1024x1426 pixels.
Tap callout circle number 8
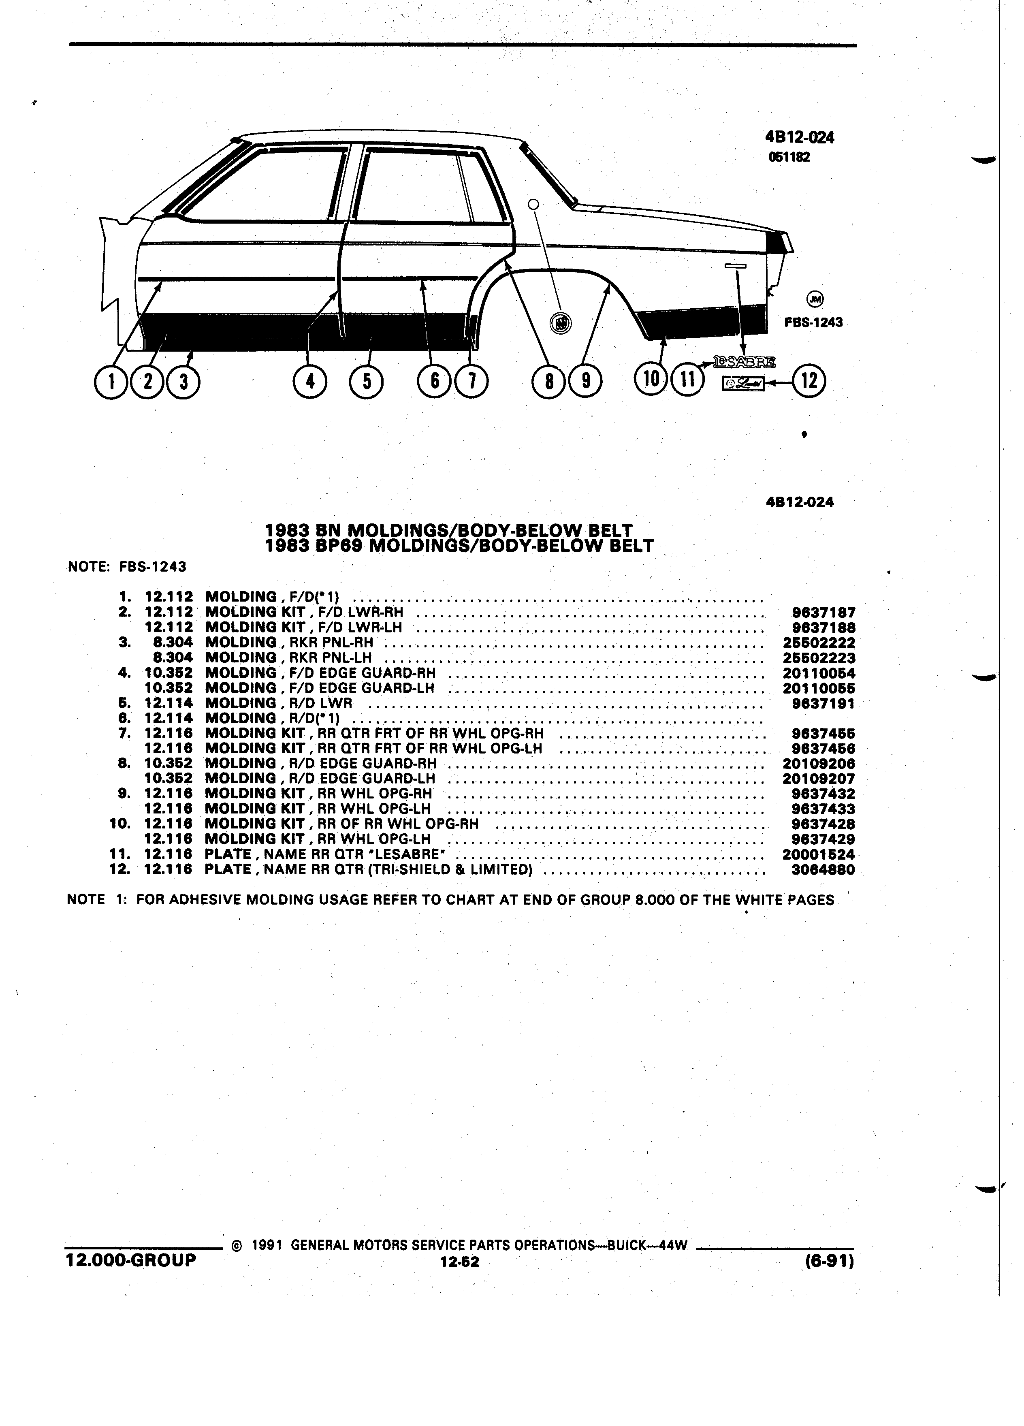549,382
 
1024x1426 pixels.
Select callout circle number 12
809,382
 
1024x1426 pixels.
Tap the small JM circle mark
815,299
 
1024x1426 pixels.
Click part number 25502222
819,643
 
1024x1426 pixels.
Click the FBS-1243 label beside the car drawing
813,322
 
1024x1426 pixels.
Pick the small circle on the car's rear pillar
533,204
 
